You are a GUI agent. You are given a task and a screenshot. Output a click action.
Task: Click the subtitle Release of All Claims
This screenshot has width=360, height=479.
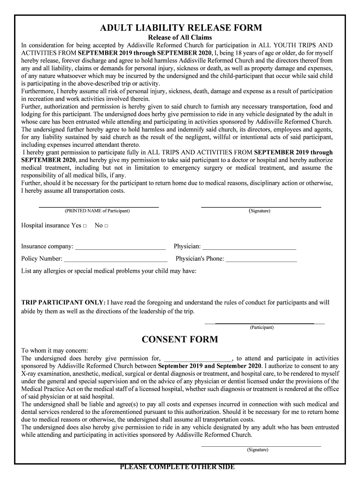(180, 37)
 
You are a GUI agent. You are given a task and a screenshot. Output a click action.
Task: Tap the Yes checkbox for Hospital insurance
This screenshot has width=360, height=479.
(85, 226)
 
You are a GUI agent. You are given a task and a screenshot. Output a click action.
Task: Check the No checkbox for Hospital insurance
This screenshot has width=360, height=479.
(107, 226)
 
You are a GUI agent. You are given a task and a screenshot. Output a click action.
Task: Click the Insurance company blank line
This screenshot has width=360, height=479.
(120, 247)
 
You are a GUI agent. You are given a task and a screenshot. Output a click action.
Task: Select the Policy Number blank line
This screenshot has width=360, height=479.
(115, 259)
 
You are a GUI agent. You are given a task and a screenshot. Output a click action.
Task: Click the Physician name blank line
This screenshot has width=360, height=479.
(249, 247)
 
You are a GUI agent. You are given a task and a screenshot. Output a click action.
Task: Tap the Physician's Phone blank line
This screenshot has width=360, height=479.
(261, 259)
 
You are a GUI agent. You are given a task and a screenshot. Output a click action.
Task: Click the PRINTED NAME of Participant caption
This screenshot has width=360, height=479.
(97, 211)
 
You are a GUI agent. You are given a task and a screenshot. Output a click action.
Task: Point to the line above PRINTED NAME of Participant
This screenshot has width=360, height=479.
(98, 207)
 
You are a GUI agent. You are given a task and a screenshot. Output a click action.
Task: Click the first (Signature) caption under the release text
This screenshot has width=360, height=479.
(259, 211)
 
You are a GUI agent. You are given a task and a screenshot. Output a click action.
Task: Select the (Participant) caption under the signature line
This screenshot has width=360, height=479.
(262, 327)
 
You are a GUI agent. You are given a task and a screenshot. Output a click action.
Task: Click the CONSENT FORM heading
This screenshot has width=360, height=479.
(180, 339)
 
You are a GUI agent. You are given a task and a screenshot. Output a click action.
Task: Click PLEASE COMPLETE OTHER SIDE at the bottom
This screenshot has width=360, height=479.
(177, 467)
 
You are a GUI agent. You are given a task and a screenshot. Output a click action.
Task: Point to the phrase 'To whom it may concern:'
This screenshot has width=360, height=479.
(55, 350)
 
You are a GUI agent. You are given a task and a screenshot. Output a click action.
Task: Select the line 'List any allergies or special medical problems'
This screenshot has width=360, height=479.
(109, 271)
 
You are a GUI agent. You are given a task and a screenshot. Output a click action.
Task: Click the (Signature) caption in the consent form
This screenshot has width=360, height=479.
(258, 450)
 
